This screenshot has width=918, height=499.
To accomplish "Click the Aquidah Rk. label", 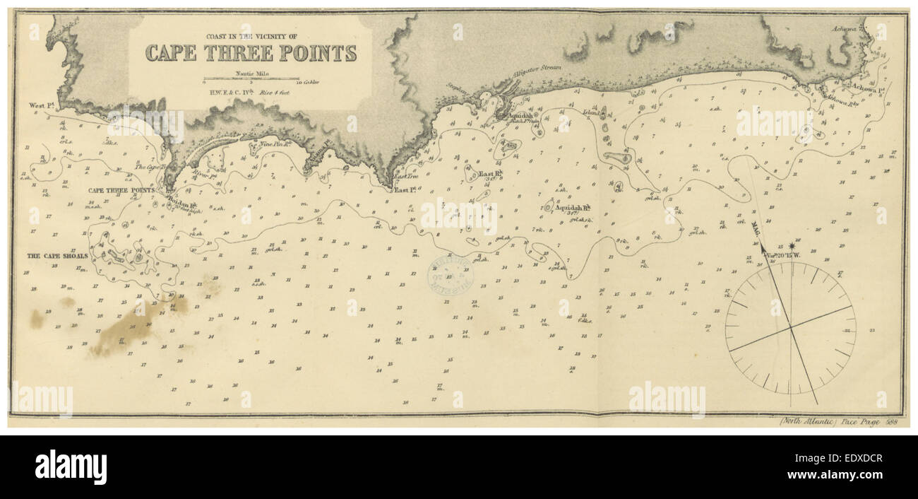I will pyautogui.click(x=573, y=208).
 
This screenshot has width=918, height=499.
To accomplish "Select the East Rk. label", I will pyautogui.click(x=489, y=173).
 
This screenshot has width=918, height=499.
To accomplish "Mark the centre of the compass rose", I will pyautogui.click(x=790, y=328).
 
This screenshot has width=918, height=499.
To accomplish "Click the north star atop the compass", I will pyautogui.click(x=789, y=247).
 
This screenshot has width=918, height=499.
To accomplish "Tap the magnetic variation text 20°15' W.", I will pyautogui.click(x=787, y=254).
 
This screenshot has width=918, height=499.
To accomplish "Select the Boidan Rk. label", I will pyautogui.click(x=181, y=200).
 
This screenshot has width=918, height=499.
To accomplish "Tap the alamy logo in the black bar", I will pyautogui.click(x=71, y=467).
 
